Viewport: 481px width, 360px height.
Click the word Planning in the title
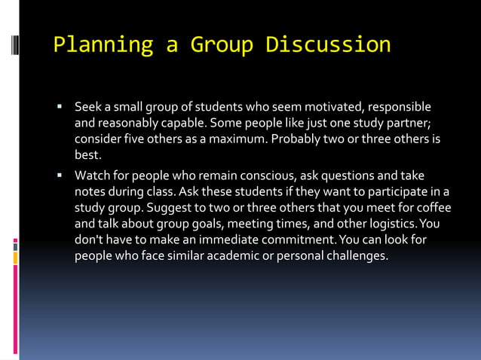(x=103, y=45)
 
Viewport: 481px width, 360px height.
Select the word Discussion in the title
(x=328, y=45)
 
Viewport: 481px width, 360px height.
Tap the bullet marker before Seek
(x=60, y=106)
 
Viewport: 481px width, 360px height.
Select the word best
(x=87, y=156)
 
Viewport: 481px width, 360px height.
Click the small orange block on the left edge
(x=15, y=258)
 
